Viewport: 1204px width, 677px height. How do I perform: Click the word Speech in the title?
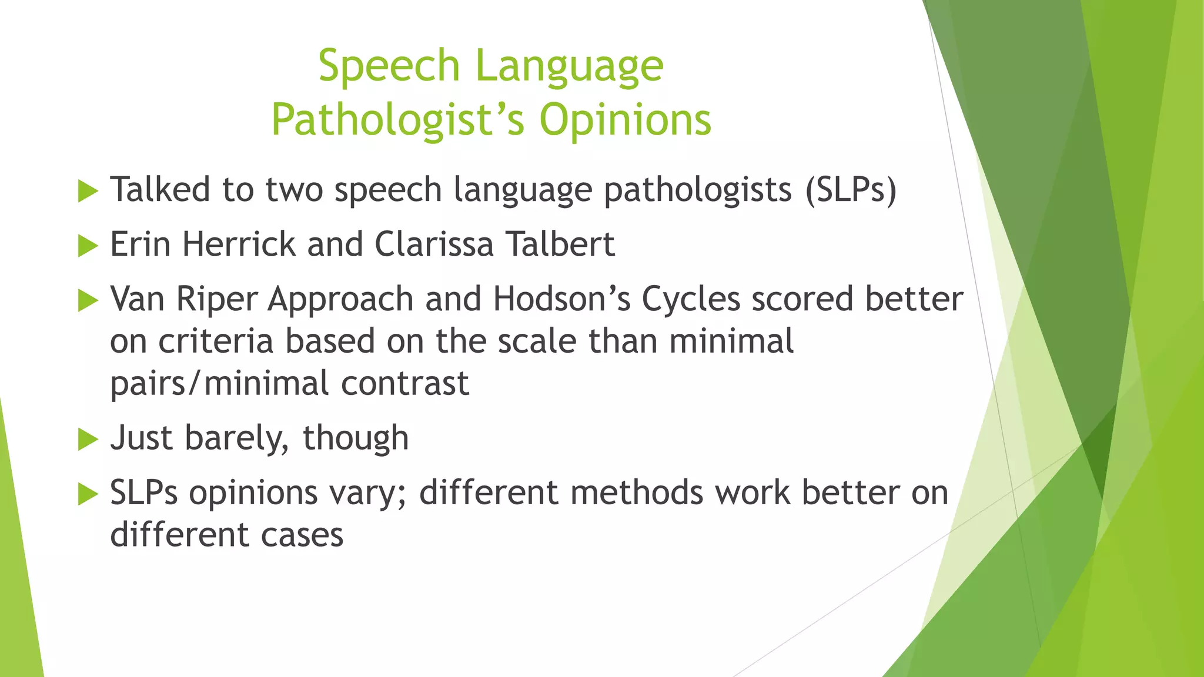click(x=389, y=67)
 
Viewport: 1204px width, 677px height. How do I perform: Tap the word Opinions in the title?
click(x=625, y=120)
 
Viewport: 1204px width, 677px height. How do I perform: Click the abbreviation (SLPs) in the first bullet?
click(x=851, y=190)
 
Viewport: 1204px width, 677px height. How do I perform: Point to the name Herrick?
click(x=239, y=244)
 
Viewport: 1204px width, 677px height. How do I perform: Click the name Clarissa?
click(x=434, y=244)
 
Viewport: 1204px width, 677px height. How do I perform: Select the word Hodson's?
click(x=561, y=299)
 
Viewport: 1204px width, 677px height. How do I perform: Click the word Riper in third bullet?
click(x=217, y=299)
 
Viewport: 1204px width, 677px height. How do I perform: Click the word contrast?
click(x=405, y=384)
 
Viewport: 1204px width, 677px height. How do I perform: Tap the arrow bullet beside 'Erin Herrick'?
click(x=88, y=246)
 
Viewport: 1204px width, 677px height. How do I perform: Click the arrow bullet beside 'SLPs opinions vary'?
click(x=88, y=494)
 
